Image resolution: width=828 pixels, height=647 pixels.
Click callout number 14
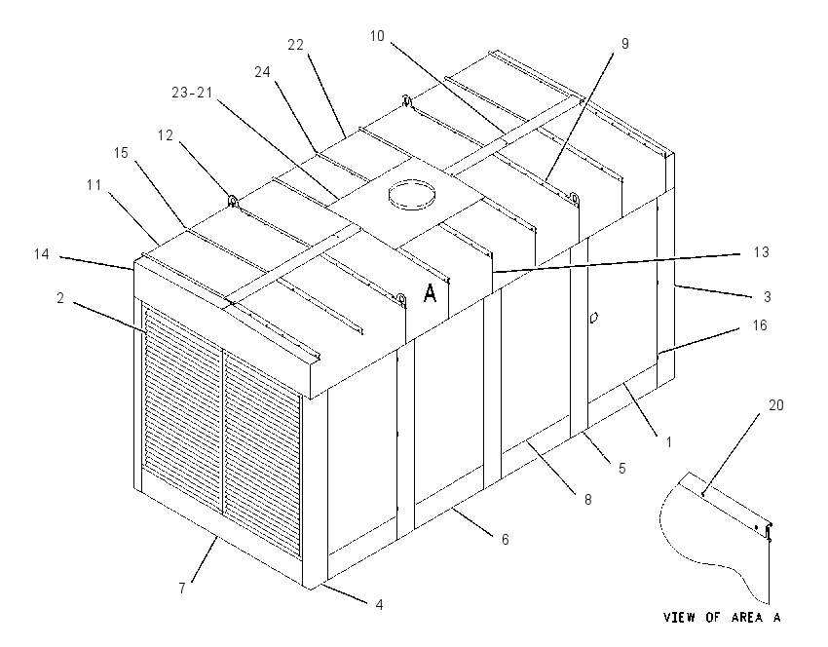click(42, 254)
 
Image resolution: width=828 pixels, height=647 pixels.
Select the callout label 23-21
click(192, 93)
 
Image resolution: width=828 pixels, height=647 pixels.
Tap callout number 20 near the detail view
click(775, 405)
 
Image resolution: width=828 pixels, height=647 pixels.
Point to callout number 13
click(761, 252)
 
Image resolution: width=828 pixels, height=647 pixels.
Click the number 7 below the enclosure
click(182, 588)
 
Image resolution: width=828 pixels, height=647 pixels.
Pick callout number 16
click(760, 325)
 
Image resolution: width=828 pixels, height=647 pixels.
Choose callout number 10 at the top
click(377, 36)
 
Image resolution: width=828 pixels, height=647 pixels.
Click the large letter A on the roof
click(431, 292)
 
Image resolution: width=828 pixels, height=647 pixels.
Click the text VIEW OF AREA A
click(722, 617)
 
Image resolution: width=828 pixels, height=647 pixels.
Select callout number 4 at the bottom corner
click(379, 605)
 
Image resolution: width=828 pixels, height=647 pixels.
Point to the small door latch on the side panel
click(593, 318)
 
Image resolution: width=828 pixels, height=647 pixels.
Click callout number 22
click(296, 45)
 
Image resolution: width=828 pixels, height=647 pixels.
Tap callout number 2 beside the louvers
click(60, 298)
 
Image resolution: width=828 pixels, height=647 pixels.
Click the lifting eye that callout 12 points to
click(232, 201)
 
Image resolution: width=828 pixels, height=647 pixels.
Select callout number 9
click(625, 43)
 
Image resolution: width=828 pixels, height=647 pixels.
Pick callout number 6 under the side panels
click(506, 539)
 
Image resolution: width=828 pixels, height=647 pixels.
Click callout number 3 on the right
click(768, 297)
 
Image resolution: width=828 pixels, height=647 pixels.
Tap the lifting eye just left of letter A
click(401, 300)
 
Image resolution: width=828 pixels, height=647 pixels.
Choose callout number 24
click(262, 72)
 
